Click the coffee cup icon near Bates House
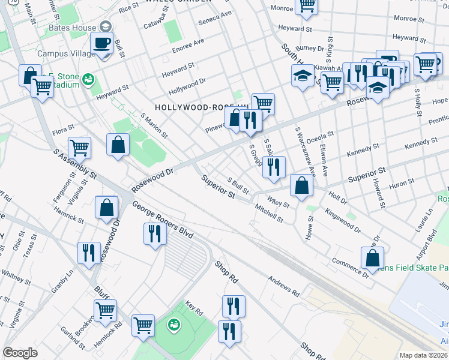tap(101, 43)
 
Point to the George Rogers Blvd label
tap(163, 221)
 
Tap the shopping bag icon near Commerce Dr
tap(372, 258)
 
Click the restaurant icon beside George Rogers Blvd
tap(155, 233)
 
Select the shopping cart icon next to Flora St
tap(79, 147)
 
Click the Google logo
tap(20, 352)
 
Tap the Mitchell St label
tap(269, 215)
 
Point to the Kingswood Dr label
tap(343, 221)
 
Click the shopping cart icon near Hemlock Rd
tap(105, 310)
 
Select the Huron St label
tap(403, 186)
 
